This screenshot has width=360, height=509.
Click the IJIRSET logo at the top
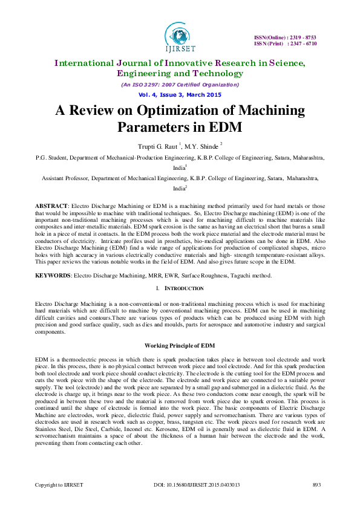click(x=180, y=36)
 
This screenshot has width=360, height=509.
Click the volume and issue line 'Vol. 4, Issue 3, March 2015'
click(x=180, y=94)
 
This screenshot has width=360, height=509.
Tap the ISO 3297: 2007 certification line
click(x=180, y=84)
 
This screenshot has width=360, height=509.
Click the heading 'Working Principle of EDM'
click(x=180, y=345)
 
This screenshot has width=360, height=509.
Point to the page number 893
click(x=316, y=484)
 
